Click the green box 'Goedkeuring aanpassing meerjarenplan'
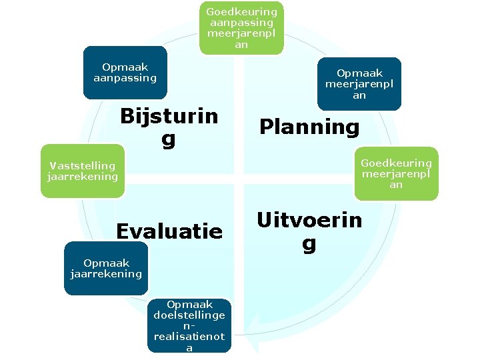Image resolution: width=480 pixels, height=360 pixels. pyautogui.click(x=241, y=28)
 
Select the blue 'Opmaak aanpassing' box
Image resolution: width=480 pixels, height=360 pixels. pyautogui.click(x=125, y=72)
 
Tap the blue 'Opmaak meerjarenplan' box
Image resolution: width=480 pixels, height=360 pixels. pyautogui.click(x=359, y=84)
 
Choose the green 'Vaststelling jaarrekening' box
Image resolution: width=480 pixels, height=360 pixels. pyautogui.click(x=83, y=171)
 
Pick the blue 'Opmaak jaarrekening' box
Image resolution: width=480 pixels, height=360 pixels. pyautogui.click(x=106, y=268)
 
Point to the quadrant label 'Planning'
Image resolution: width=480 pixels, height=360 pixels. pyautogui.click(x=309, y=127)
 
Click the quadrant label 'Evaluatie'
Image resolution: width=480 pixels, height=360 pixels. pyautogui.click(x=169, y=231)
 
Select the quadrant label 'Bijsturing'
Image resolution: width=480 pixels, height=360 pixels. pyautogui.click(x=169, y=127)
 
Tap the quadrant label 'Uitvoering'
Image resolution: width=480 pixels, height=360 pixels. pyautogui.click(x=309, y=231)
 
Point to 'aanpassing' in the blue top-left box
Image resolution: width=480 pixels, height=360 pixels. pyautogui.click(x=125, y=78)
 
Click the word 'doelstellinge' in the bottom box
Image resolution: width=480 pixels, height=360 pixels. pyautogui.click(x=189, y=315)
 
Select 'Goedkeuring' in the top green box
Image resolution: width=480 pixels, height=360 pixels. pyautogui.click(x=241, y=12)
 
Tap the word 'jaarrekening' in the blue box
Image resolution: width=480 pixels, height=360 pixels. pyautogui.click(x=106, y=274)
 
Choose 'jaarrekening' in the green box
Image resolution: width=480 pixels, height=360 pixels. pyautogui.click(x=83, y=177)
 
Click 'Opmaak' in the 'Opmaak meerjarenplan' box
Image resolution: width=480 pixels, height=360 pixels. pyautogui.click(x=359, y=73)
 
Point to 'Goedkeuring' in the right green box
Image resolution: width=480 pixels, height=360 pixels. pyautogui.click(x=396, y=163)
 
